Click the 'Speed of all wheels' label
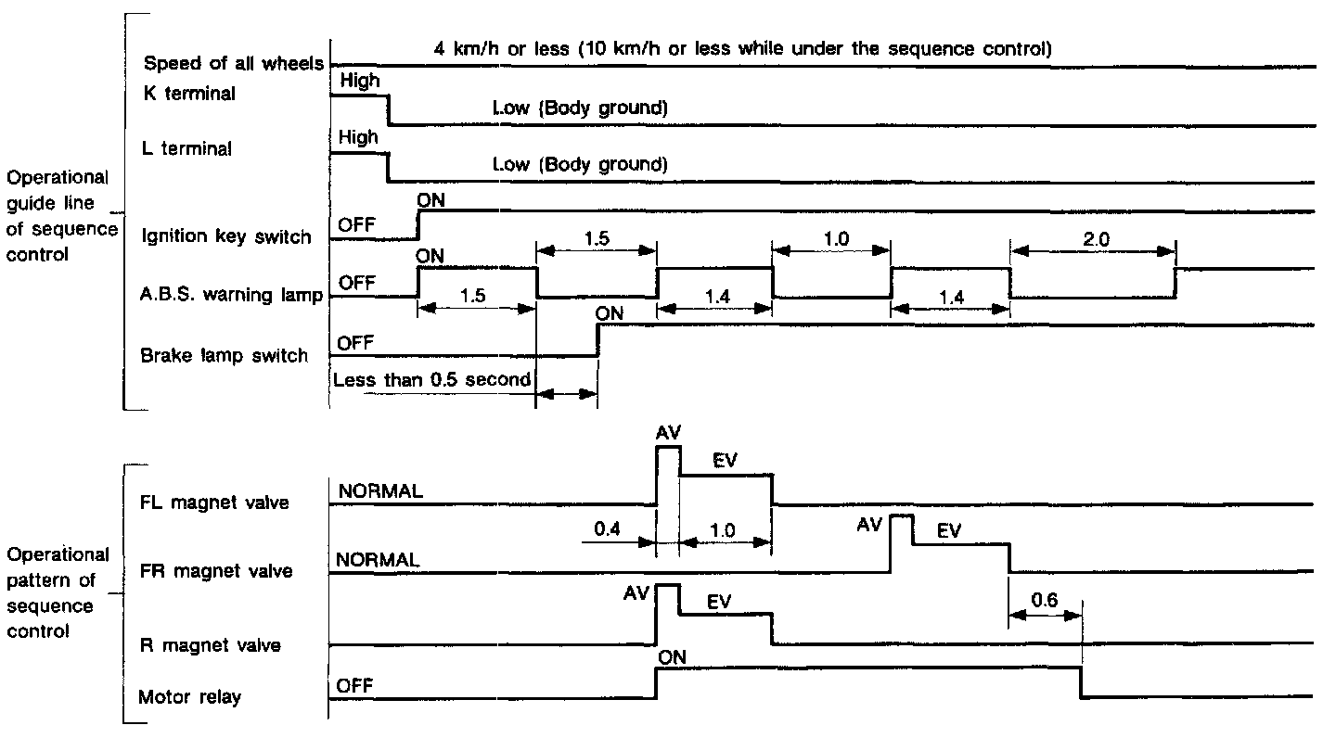tap(233, 63)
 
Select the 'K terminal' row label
tap(189, 93)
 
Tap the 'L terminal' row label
tap(188, 148)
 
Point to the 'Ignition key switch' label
tap(225, 236)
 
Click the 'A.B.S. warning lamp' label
tap(231, 297)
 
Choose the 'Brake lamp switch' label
tap(224, 355)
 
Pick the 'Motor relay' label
tap(189, 697)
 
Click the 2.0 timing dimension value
tap(1095, 238)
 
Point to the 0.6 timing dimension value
tap(1045, 600)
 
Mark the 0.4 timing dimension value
tap(608, 531)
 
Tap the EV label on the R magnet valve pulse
tap(719, 602)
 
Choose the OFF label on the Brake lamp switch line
tap(354, 343)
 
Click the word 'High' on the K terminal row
tap(360, 81)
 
